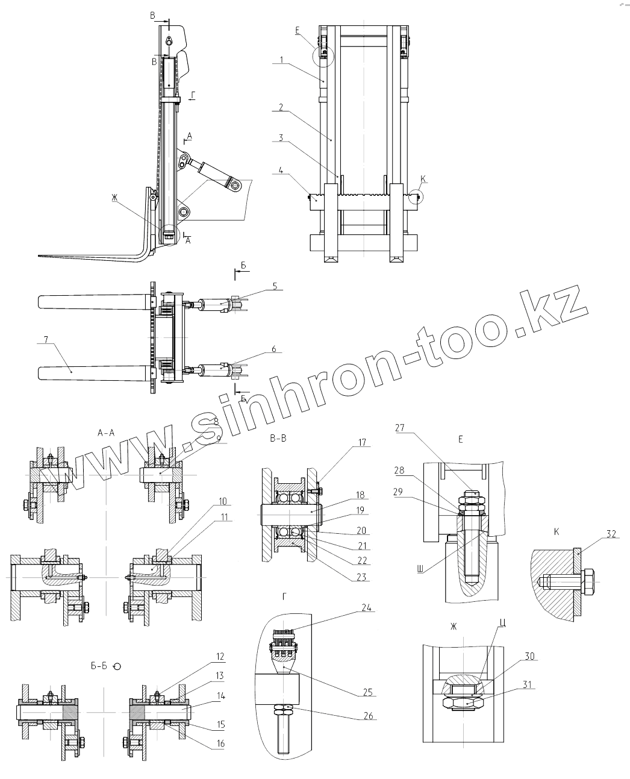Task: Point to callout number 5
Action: coord(274,286)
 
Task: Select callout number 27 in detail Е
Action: coord(400,428)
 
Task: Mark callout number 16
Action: coord(220,743)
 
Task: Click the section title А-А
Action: coord(106,431)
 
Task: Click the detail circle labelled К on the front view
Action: coord(416,196)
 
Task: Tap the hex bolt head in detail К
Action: coord(588,582)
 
